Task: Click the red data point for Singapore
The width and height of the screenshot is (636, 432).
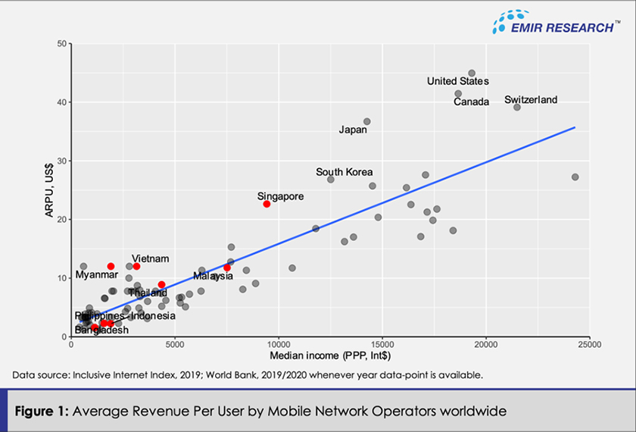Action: click(267, 204)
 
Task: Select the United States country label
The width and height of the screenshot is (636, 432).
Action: click(457, 81)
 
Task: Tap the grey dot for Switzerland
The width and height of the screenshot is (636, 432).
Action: click(517, 107)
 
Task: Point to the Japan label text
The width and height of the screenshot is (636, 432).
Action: click(353, 130)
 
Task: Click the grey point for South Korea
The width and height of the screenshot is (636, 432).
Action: click(331, 180)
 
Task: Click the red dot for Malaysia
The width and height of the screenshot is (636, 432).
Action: click(227, 268)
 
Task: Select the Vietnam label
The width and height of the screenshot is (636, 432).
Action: click(150, 258)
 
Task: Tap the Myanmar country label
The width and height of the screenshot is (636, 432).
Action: click(96, 274)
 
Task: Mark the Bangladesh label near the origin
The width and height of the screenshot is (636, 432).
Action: click(101, 330)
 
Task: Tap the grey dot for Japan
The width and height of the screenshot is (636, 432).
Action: click(367, 121)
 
